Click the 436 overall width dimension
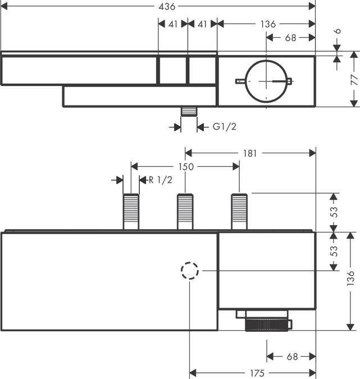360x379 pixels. coord(167,7)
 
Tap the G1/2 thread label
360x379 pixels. coord(224,126)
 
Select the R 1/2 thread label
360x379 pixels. coord(160,180)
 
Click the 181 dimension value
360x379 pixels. coord(250,153)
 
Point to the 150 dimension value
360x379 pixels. coord(186,167)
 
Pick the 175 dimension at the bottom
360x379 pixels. coord(257,373)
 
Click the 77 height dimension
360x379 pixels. coord(354,80)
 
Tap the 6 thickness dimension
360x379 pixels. coord(338,31)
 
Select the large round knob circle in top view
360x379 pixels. coord(266,60)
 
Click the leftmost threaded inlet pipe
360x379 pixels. coord(131,212)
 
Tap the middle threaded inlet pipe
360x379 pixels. coord(185,212)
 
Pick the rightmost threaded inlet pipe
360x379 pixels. coord(239,212)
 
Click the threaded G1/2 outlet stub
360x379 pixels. coord(189,111)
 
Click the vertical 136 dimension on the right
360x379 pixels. coord(350,278)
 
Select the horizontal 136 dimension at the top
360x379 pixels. coord(268,24)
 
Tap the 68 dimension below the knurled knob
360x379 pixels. coord(292,357)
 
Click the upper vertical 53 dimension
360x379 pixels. coord(334,212)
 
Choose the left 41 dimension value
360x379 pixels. coord(173,24)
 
